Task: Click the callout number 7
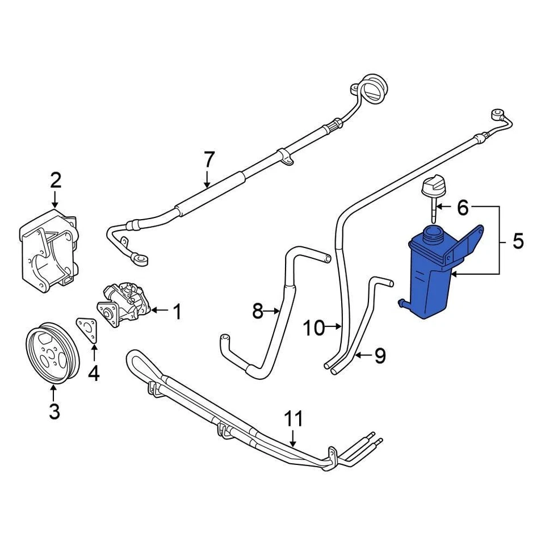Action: coord(209,160)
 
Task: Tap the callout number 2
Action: coord(55,181)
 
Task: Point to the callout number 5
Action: coord(518,241)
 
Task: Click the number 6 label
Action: coord(463,208)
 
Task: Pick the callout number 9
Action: coord(379,356)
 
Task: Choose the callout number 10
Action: coord(313,328)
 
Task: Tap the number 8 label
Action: coord(258,311)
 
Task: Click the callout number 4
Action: coord(93,373)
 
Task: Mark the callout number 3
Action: coord(54,411)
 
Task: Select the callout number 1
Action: coord(177,311)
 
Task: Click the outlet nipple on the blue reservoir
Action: coord(402,303)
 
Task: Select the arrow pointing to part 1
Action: coord(158,311)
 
